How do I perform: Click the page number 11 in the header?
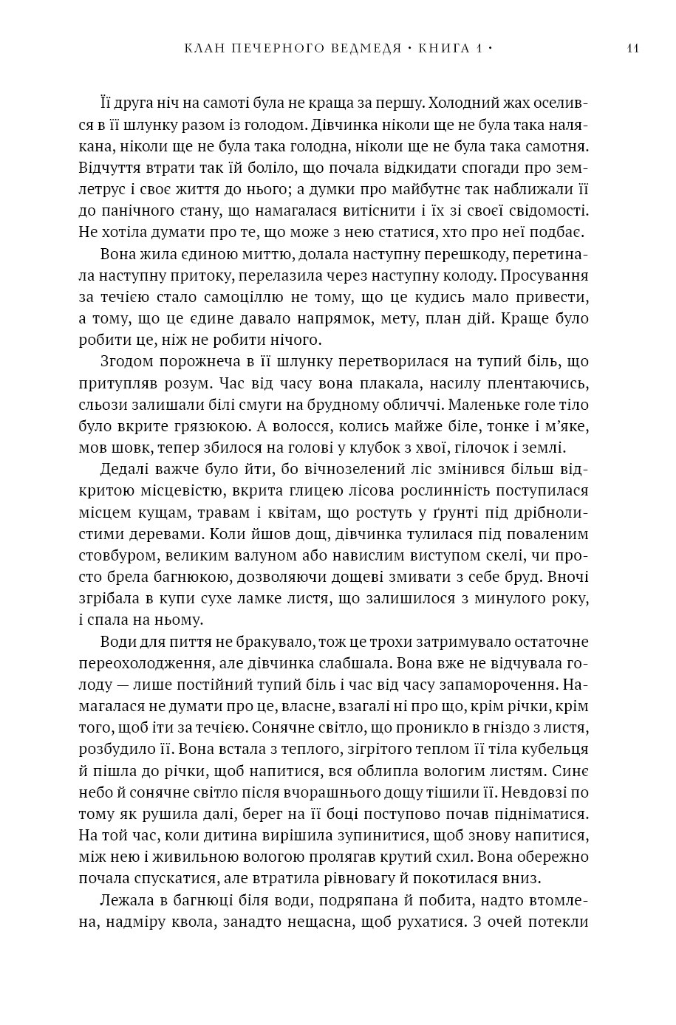(632, 49)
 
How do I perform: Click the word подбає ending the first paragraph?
(561, 233)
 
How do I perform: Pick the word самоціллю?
(228, 298)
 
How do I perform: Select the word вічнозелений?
(334, 470)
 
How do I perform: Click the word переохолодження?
(146, 663)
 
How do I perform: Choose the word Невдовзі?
(519, 792)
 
